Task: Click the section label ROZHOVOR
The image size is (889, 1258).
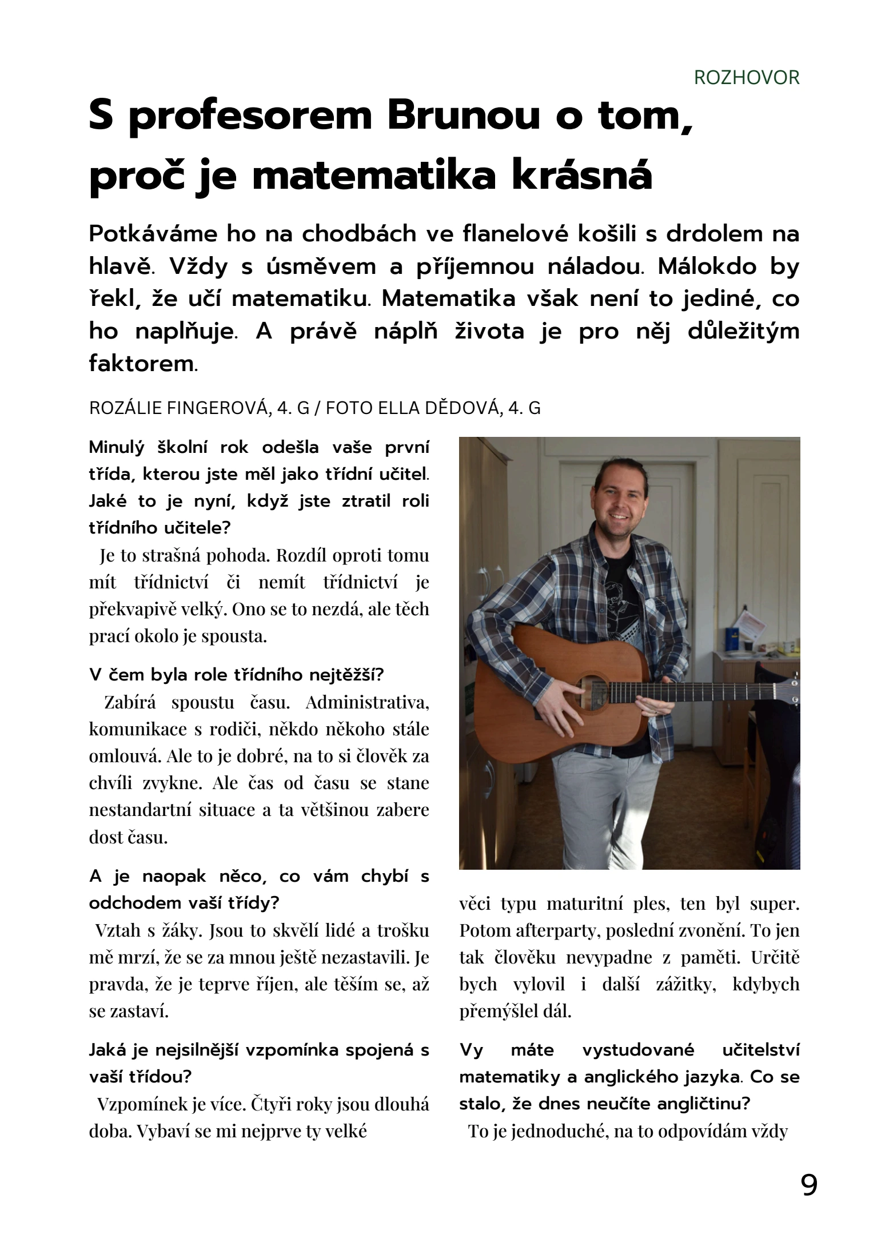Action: pyautogui.click(x=746, y=77)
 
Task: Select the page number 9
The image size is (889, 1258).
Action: pyautogui.click(x=809, y=1185)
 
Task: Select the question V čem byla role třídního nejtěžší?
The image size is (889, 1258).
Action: pyautogui.click(x=236, y=675)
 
